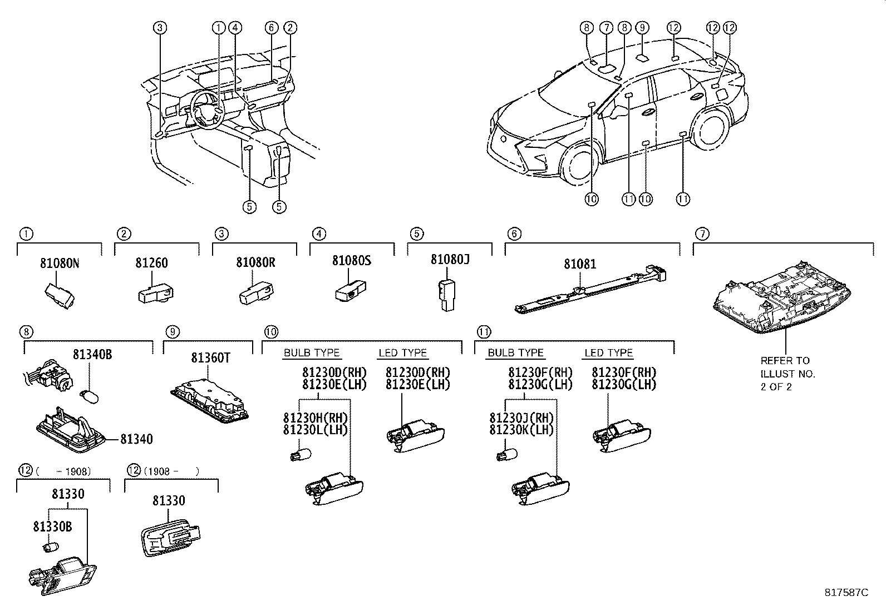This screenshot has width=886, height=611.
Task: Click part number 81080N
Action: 60,263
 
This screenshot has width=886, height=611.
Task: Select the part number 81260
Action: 151,263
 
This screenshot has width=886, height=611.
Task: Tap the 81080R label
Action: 255,262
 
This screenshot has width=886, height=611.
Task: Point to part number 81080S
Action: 352,260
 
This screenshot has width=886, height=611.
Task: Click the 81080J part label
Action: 450,259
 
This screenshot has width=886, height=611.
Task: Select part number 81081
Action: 580,264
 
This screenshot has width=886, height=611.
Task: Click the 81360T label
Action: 210,357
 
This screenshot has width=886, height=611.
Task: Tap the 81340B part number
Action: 92,354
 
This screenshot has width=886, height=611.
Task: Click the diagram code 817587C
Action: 846,592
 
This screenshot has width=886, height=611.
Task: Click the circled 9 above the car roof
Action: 642,27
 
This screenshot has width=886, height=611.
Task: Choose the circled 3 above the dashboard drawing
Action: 160,27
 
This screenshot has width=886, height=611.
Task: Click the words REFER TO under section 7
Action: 785,360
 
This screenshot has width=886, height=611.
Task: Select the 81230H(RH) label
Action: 315,418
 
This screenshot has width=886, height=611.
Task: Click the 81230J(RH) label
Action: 521,418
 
